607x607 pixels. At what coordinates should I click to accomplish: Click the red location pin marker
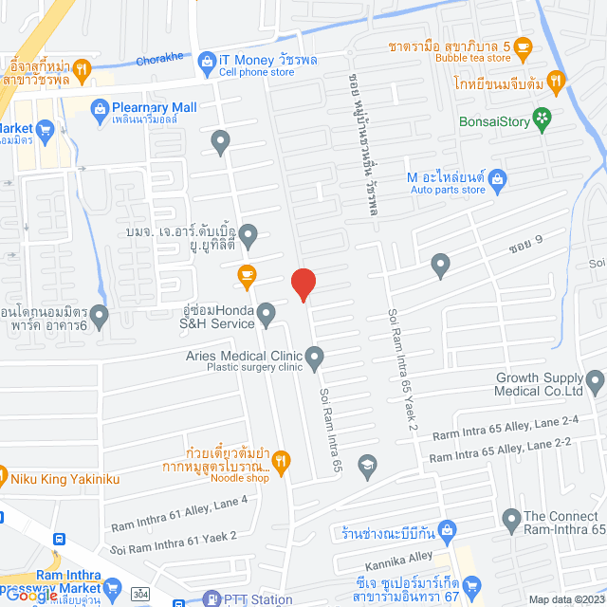click(303, 284)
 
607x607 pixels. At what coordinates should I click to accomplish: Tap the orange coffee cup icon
click(247, 276)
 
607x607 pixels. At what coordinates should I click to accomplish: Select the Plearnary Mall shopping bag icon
click(101, 108)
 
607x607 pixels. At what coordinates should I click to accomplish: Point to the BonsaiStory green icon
click(542, 117)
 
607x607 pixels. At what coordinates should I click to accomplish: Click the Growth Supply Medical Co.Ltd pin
click(596, 383)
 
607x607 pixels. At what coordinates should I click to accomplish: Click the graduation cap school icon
click(366, 465)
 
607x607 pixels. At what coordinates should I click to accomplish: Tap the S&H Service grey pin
click(267, 312)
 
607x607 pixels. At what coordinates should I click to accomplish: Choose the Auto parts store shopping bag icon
click(498, 177)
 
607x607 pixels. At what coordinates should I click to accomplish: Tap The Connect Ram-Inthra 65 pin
click(510, 520)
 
